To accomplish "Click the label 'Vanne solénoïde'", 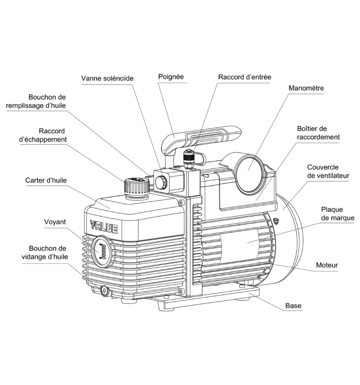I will click(107, 78).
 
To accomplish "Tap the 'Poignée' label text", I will click(171, 76).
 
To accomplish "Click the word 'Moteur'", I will click(327, 265).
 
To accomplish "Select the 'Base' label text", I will click(293, 306).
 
